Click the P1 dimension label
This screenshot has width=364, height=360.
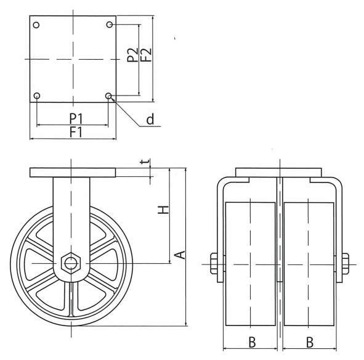click(76, 118)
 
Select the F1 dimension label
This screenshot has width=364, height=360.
click(76, 133)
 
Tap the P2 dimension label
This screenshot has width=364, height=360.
click(132, 55)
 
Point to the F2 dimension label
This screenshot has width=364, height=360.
click(146, 55)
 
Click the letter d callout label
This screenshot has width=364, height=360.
click(150, 119)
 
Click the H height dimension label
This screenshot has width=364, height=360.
click(163, 210)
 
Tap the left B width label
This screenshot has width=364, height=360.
click(252, 342)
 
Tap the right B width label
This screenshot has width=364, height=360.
click(310, 342)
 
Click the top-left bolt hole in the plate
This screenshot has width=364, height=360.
click(36, 25)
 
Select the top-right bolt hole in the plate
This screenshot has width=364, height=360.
click(110, 25)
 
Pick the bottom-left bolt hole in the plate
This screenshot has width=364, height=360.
click(37, 96)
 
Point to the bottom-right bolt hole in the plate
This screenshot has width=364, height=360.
click(108, 96)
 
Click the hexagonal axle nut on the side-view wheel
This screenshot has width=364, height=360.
click(71, 263)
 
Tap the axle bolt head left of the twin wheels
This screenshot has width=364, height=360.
click(214, 263)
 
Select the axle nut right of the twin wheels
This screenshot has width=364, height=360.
click(346, 263)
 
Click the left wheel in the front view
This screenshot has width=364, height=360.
click(251, 264)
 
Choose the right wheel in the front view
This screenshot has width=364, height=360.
click(309, 264)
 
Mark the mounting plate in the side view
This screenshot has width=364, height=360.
click(73, 173)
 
